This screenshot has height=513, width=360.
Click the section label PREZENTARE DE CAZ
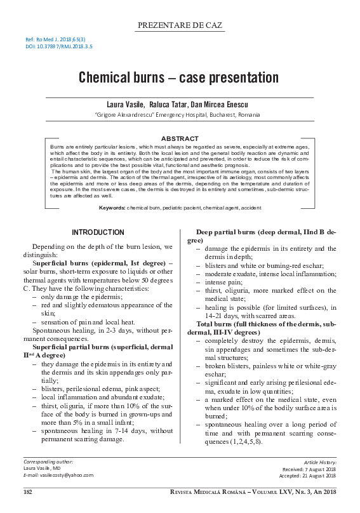(x=180, y=25)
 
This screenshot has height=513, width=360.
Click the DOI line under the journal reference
(x=59, y=47)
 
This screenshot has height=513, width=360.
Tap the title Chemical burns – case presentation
(x=179, y=78)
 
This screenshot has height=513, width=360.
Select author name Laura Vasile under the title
(x=125, y=104)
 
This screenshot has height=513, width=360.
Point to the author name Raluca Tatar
(x=168, y=104)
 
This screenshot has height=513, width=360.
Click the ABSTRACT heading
(x=180, y=138)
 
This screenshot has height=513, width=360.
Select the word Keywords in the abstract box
(x=111, y=208)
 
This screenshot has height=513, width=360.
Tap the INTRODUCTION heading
(x=98, y=233)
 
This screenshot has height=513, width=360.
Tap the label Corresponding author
(x=48, y=462)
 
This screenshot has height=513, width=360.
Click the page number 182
(x=27, y=493)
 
